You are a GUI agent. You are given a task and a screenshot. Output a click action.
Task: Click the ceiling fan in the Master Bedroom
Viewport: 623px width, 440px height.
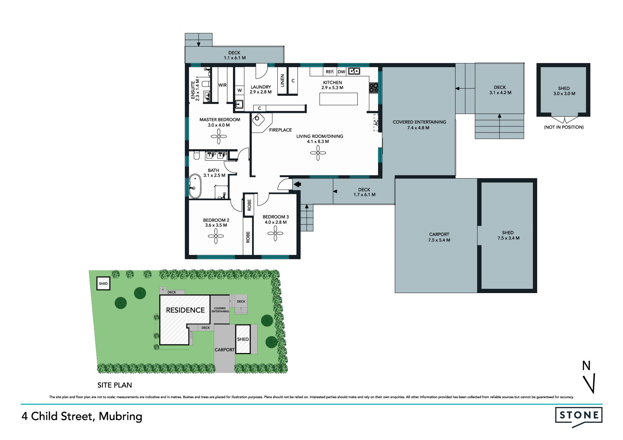[x=219, y=136]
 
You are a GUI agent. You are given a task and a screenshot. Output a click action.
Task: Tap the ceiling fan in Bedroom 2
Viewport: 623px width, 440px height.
[x=216, y=236]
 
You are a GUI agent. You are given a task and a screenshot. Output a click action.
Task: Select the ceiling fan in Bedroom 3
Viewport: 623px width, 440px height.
[x=275, y=233]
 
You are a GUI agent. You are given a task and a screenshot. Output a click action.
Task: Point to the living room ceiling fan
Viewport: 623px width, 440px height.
[x=318, y=153]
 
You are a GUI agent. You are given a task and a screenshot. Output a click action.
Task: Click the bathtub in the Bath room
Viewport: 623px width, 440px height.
[x=195, y=186]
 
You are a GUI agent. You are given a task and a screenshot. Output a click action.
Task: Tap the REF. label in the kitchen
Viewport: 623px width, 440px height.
[x=330, y=72]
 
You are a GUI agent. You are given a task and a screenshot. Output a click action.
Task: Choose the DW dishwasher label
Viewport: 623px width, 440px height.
[x=341, y=72]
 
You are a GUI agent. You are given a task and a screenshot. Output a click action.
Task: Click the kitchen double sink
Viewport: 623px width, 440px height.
[x=354, y=71]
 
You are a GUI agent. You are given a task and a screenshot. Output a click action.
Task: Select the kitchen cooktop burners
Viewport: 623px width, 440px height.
[x=374, y=88]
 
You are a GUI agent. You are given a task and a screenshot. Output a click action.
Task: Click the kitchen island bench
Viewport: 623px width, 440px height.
[x=338, y=99]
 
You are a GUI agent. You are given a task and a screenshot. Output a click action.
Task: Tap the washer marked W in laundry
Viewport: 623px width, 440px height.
[x=240, y=91]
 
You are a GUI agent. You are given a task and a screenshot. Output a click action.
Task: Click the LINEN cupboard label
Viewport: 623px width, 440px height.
[x=282, y=81]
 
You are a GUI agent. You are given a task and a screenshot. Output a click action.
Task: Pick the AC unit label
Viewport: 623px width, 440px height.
[x=376, y=123]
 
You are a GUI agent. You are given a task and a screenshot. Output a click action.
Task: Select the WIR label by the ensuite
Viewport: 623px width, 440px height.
[x=222, y=85]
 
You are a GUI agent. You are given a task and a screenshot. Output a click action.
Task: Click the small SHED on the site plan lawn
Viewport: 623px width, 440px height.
[x=104, y=284]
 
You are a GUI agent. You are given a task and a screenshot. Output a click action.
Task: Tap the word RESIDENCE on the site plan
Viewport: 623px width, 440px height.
[x=185, y=310]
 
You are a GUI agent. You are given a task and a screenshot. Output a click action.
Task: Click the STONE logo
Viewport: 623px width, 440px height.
[x=579, y=417]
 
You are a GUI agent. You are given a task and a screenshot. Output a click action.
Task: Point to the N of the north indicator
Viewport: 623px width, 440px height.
[x=586, y=366]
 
